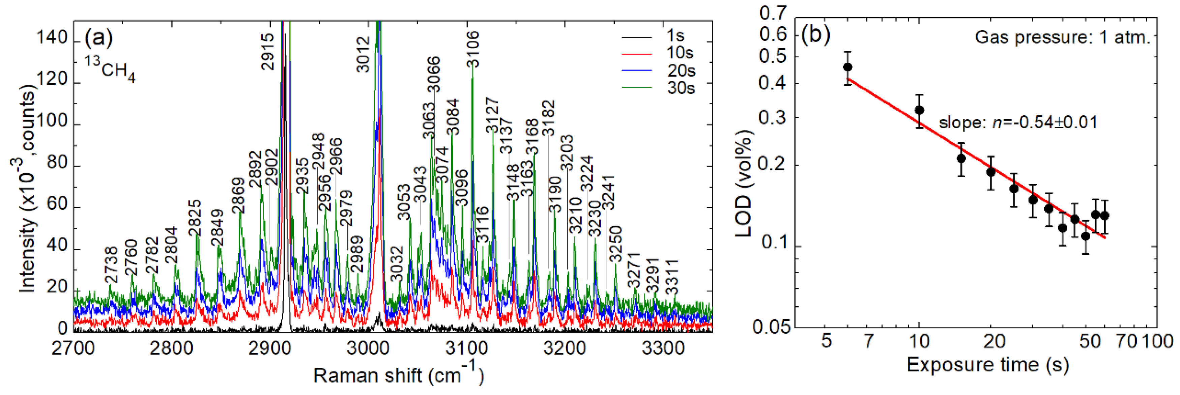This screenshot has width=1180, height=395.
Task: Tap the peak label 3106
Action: [472, 49]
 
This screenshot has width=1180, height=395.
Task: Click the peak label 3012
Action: [363, 55]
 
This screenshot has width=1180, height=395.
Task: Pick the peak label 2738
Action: [111, 265]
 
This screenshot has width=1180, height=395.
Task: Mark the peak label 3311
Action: [672, 277]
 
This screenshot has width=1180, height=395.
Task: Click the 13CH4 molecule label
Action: [110, 69]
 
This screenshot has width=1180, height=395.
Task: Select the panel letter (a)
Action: [98, 38]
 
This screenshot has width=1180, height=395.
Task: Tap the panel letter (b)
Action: [816, 34]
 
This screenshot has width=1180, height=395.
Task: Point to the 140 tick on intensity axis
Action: [52, 38]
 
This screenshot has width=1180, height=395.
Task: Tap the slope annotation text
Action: [1018, 123]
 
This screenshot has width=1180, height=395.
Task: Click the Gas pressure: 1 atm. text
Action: [1062, 37]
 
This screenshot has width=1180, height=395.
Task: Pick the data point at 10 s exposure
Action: [919, 110]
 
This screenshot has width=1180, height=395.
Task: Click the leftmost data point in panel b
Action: [848, 67]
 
